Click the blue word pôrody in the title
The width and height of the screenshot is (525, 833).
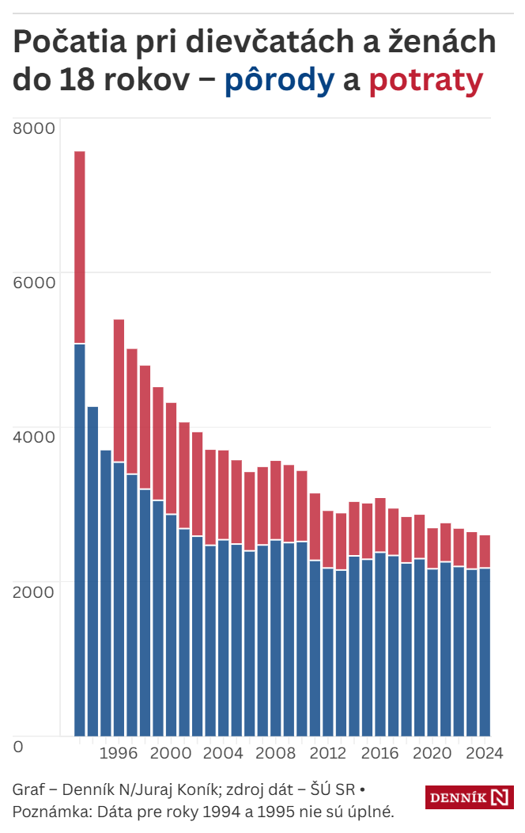click(x=279, y=81)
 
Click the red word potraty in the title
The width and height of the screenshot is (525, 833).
click(x=425, y=81)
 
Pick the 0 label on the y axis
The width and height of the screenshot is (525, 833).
click(x=18, y=746)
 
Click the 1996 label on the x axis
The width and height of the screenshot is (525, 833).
click(x=119, y=752)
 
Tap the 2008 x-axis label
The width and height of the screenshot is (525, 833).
click(x=275, y=752)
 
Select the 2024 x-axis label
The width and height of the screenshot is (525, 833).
click(x=484, y=752)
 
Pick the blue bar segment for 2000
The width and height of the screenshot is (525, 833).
click(x=171, y=625)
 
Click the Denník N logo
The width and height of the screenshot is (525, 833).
click(x=470, y=797)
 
